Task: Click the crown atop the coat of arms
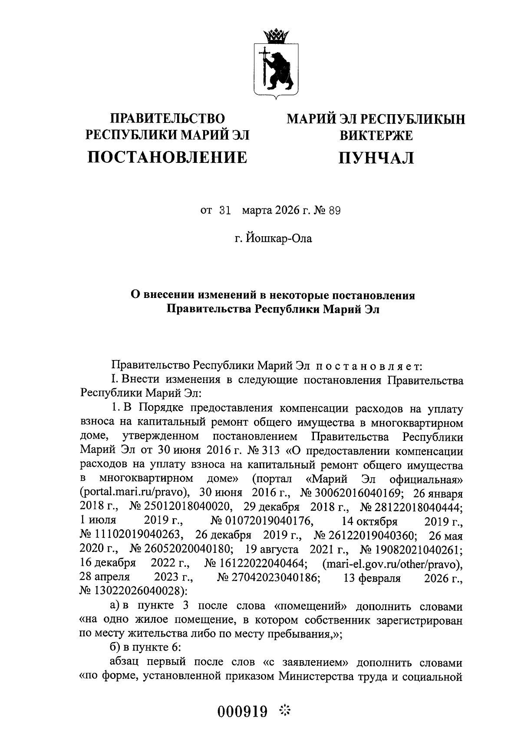click(275, 35)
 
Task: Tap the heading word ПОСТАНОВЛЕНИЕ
click(168, 157)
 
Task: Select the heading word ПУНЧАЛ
click(376, 158)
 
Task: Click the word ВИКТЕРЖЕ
click(376, 136)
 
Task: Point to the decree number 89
click(334, 211)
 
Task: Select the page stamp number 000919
click(243, 711)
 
